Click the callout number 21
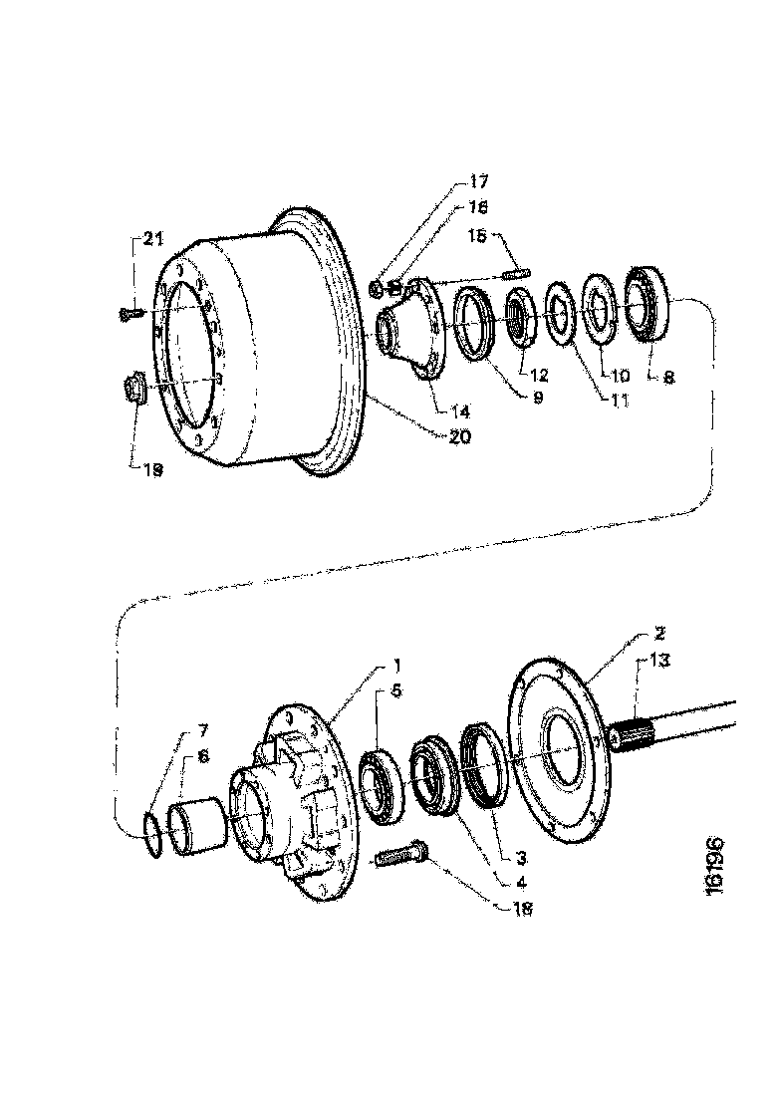150,238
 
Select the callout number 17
478,182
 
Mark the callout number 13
659,659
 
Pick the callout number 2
659,634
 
